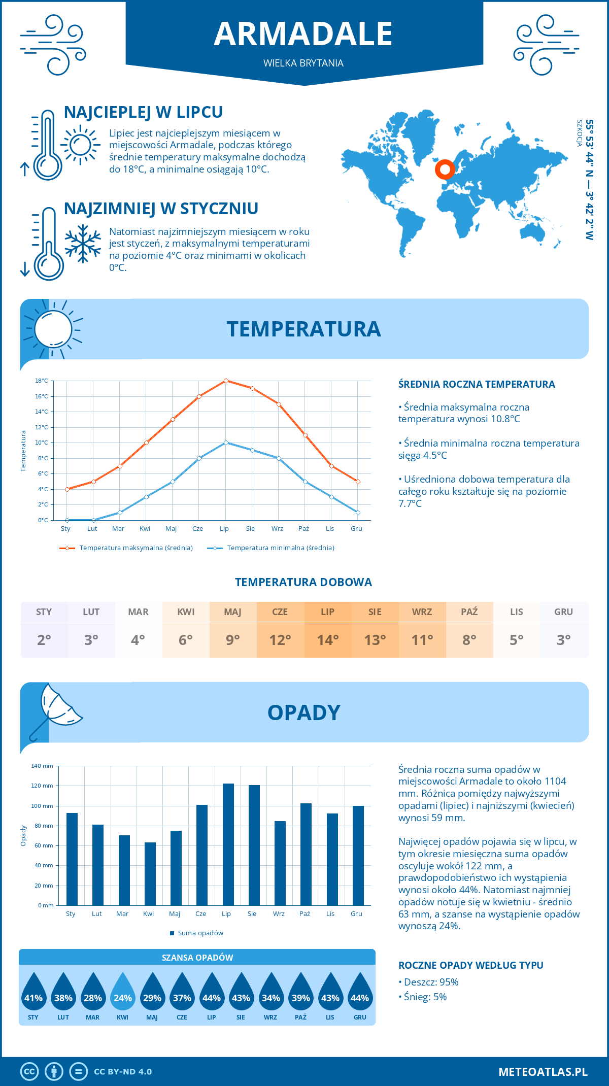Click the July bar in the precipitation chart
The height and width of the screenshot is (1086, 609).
pos(228,844)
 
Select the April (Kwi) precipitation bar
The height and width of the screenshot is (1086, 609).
pos(150,874)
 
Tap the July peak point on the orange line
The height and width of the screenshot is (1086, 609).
pos(226,381)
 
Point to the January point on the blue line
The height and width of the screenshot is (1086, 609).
pos(67,520)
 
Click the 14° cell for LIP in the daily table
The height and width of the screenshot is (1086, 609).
pos(327,640)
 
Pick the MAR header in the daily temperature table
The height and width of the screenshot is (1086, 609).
pos(138,612)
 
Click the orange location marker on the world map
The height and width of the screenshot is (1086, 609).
pos(445,169)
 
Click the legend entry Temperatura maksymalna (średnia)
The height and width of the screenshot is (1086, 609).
pos(136,548)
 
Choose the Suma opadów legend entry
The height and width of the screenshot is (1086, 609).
pos(200,933)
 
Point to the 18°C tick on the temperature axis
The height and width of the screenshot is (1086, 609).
pos(42,381)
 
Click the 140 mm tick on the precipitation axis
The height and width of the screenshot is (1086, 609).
pos(42,766)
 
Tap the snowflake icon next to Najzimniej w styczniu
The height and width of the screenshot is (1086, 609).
pos(83,244)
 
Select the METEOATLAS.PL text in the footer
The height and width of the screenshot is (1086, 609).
pos(543,1072)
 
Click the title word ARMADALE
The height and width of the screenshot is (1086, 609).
pos(303,34)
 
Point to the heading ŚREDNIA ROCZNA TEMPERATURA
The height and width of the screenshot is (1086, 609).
pos(477,384)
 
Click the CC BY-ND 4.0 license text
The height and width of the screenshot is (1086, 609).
pos(123,1072)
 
